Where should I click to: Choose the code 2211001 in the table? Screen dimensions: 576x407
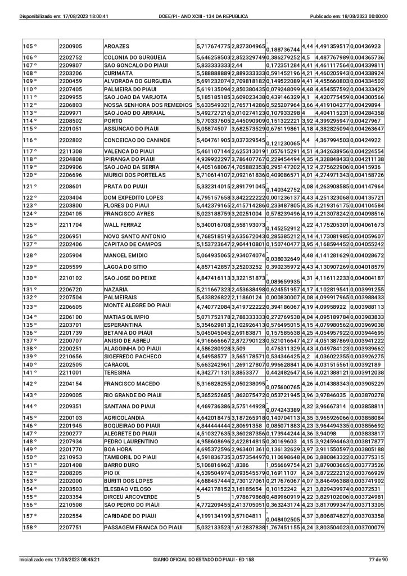(70, 372)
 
